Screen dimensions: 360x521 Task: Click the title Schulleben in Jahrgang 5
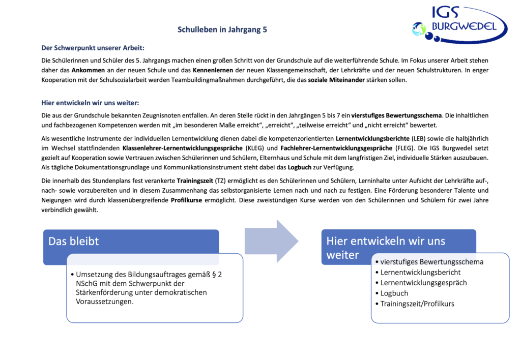click(222, 29)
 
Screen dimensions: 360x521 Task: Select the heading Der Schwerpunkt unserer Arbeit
click(93, 48)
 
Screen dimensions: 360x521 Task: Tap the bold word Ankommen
click(89, 70)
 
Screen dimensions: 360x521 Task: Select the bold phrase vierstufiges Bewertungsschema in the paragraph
click(391, 115)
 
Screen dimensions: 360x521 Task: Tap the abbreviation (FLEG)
click(405, 148)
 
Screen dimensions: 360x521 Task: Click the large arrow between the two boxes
click(271, 241)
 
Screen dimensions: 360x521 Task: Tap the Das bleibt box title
click(74, 241)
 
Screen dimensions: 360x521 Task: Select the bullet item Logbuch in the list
click(394, 293)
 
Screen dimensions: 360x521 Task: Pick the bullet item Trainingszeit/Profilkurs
click(417, 304)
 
